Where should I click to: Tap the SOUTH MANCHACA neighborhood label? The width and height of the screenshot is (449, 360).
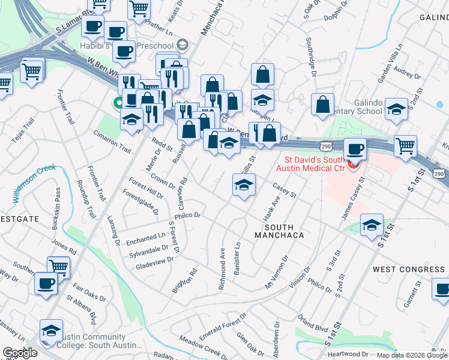click(x=284, y=231)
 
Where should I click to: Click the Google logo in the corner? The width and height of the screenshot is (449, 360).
click(x=20, y=352)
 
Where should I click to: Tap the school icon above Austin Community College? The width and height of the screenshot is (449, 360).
click(x=51, y=331)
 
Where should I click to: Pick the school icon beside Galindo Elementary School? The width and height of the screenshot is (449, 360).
click(x=396, y=109)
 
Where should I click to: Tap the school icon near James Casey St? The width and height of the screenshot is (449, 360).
click(x=372, y=225)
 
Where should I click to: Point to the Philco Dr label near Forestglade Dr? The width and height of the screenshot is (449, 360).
click(x=187, y=215)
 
